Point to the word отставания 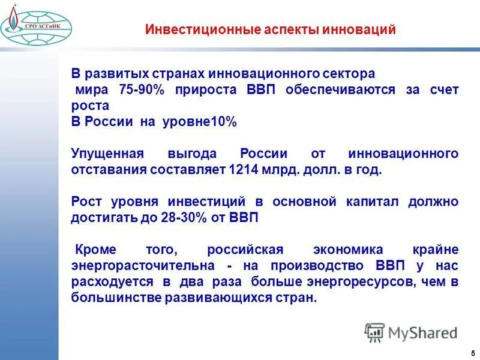[109, 170]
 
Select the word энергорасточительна [143, 266]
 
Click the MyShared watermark [411, 332]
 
